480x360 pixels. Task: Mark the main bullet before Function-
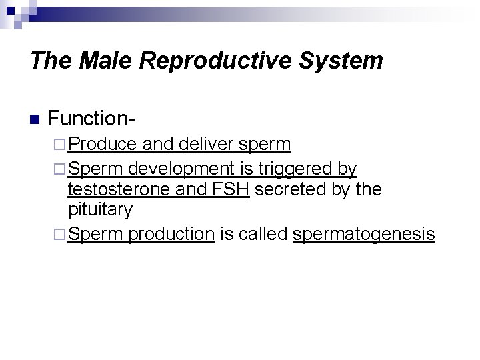pos(35,121)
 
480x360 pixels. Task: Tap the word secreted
pos(293,190)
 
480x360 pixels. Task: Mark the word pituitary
pos(101,211)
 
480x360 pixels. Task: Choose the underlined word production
pos(172,234)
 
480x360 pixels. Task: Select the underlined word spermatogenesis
pos(363,234)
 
